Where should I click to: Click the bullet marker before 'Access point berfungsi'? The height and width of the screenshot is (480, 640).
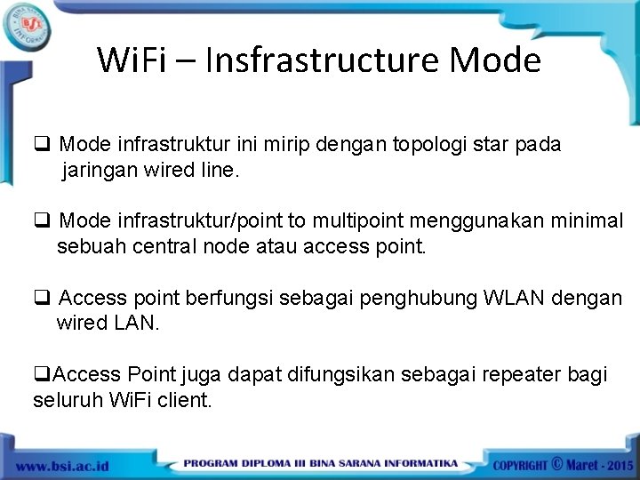pos(41,298)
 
